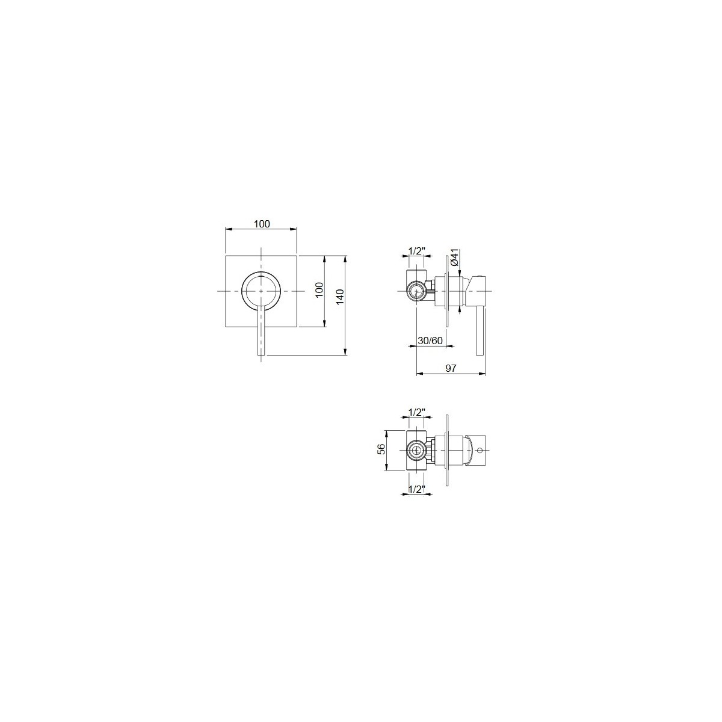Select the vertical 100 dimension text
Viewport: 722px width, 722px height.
coord(319,289)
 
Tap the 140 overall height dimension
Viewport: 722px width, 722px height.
coord(340,297)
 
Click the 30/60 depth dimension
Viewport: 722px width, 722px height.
coord(431,341)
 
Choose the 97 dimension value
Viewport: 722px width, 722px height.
coord(451,368)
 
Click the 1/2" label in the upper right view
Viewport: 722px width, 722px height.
coord(416,251)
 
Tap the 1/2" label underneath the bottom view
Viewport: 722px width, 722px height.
coord(416,489)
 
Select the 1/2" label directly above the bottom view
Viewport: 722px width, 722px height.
coord(416,413)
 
